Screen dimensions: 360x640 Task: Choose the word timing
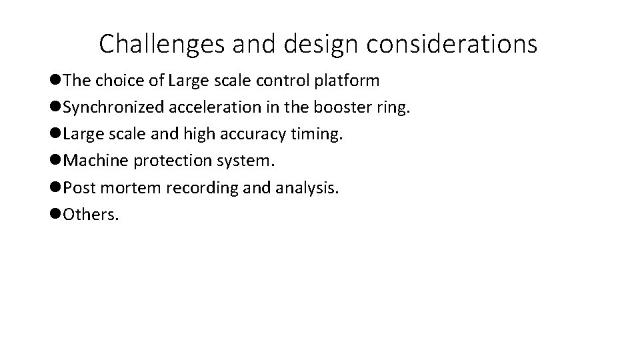pyautogui.click(x=319, y=135)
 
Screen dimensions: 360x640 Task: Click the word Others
pyautogui.click(x=91, y=215)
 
